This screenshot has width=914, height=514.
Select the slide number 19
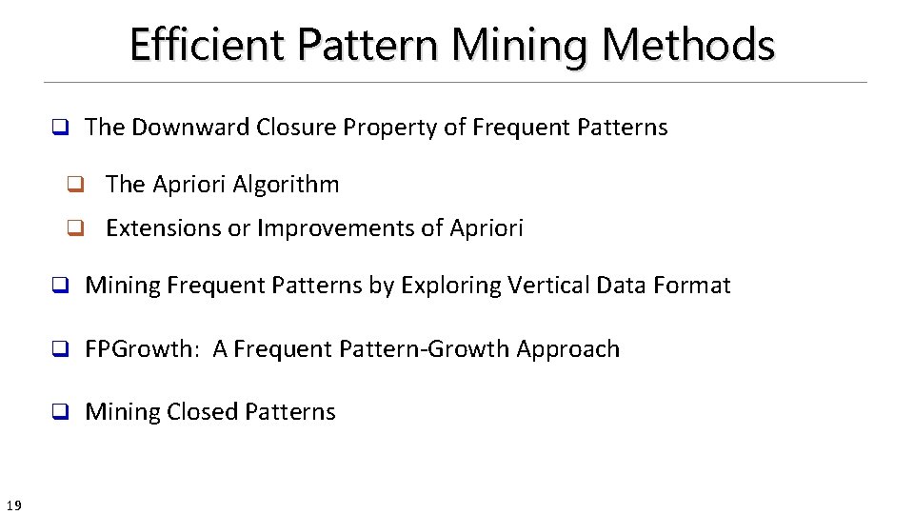pyautogui.click(x=13, y=504)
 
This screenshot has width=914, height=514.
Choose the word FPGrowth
pyautogui.click(x=139, y=349)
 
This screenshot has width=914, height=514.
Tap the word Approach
pyautogui.click(x=568, y=349)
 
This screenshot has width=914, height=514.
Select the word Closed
pyautogui.click(x=202, y=412)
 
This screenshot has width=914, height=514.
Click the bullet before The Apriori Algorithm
pyautogui.click(x=72, y=185)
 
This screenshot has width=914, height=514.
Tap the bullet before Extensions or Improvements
pyautogui.click(x=72, y=228)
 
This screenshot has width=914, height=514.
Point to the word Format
pyautogui.click(x=696, y=286)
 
